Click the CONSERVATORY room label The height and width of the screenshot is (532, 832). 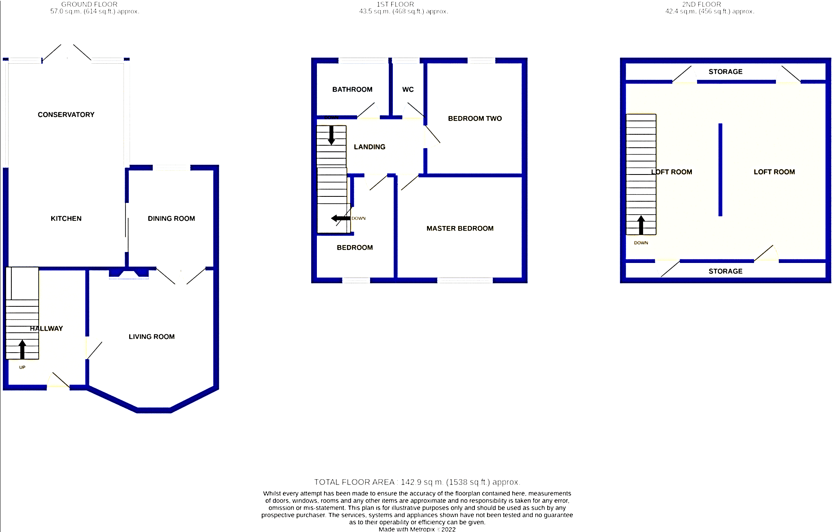point(66,115)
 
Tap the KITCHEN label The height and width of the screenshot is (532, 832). point(66,219)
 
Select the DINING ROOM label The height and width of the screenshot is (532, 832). point(171,219)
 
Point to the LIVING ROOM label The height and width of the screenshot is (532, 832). point(152,337)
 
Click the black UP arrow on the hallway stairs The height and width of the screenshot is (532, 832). point(22,349)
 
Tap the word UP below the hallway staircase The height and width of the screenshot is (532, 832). point(22,367)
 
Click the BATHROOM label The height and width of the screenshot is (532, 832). point(352,90)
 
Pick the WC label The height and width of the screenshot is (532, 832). point(408,90)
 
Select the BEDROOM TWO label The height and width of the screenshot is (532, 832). point(475,118)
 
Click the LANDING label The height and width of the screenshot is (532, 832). point(370,147)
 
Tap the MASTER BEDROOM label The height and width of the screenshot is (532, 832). point(460,228)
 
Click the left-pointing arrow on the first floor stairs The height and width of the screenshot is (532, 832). point(341,218)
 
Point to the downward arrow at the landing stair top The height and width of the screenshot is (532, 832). point(331,135)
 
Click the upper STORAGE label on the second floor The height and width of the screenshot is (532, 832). point(726,72)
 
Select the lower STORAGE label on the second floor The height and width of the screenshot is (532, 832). point(726,271)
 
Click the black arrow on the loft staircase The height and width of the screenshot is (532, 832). point(641,225)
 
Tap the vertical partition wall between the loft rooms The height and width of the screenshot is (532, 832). point(720,170)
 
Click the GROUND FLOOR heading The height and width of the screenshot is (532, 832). point(89,4)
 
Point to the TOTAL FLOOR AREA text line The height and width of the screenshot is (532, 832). point(417,482)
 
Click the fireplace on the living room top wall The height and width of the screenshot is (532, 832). point(129,274)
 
